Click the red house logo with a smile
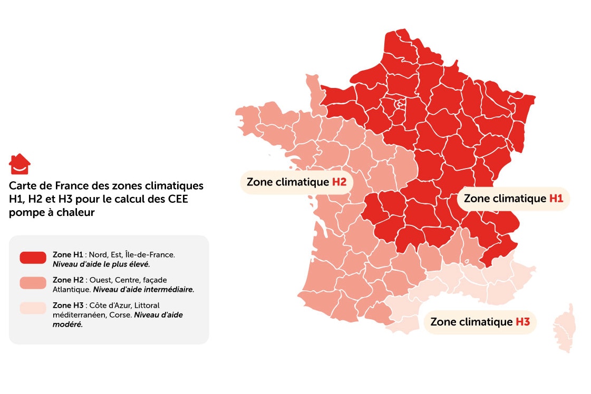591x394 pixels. pyautogui.click(x=20, y=164)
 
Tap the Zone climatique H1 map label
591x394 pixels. pyautogui.click(x=513, y=199)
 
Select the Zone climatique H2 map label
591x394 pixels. pyautogui.click(x=296, y=182)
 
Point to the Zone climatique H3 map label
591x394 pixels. pyautogui.click(x=480, y=321)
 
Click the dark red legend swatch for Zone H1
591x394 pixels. pyautogui.click(x=33, y=258)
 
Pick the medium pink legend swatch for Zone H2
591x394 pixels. pyautogui.click(x=33, y=283)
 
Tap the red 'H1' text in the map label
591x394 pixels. pyautogui.click(x=556, y=199)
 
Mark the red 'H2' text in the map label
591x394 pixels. pyautogui.click(x=339, y=182)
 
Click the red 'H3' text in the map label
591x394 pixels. pyautogui.click(x=522, y=321)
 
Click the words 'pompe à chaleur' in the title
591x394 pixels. pyautogui.click(x=52, y=212)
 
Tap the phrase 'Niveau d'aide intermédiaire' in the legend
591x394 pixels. pyautogui.click(x=143, y=289)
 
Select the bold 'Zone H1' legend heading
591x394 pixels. pyautogui.click(x=67, y=254)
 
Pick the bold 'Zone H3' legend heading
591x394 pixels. pyautogui.click(x=67, y=305)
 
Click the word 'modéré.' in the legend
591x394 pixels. pyautogui.click(x=68, y=324)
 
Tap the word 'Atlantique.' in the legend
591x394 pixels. pyautogui.click(x=72, y=289)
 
